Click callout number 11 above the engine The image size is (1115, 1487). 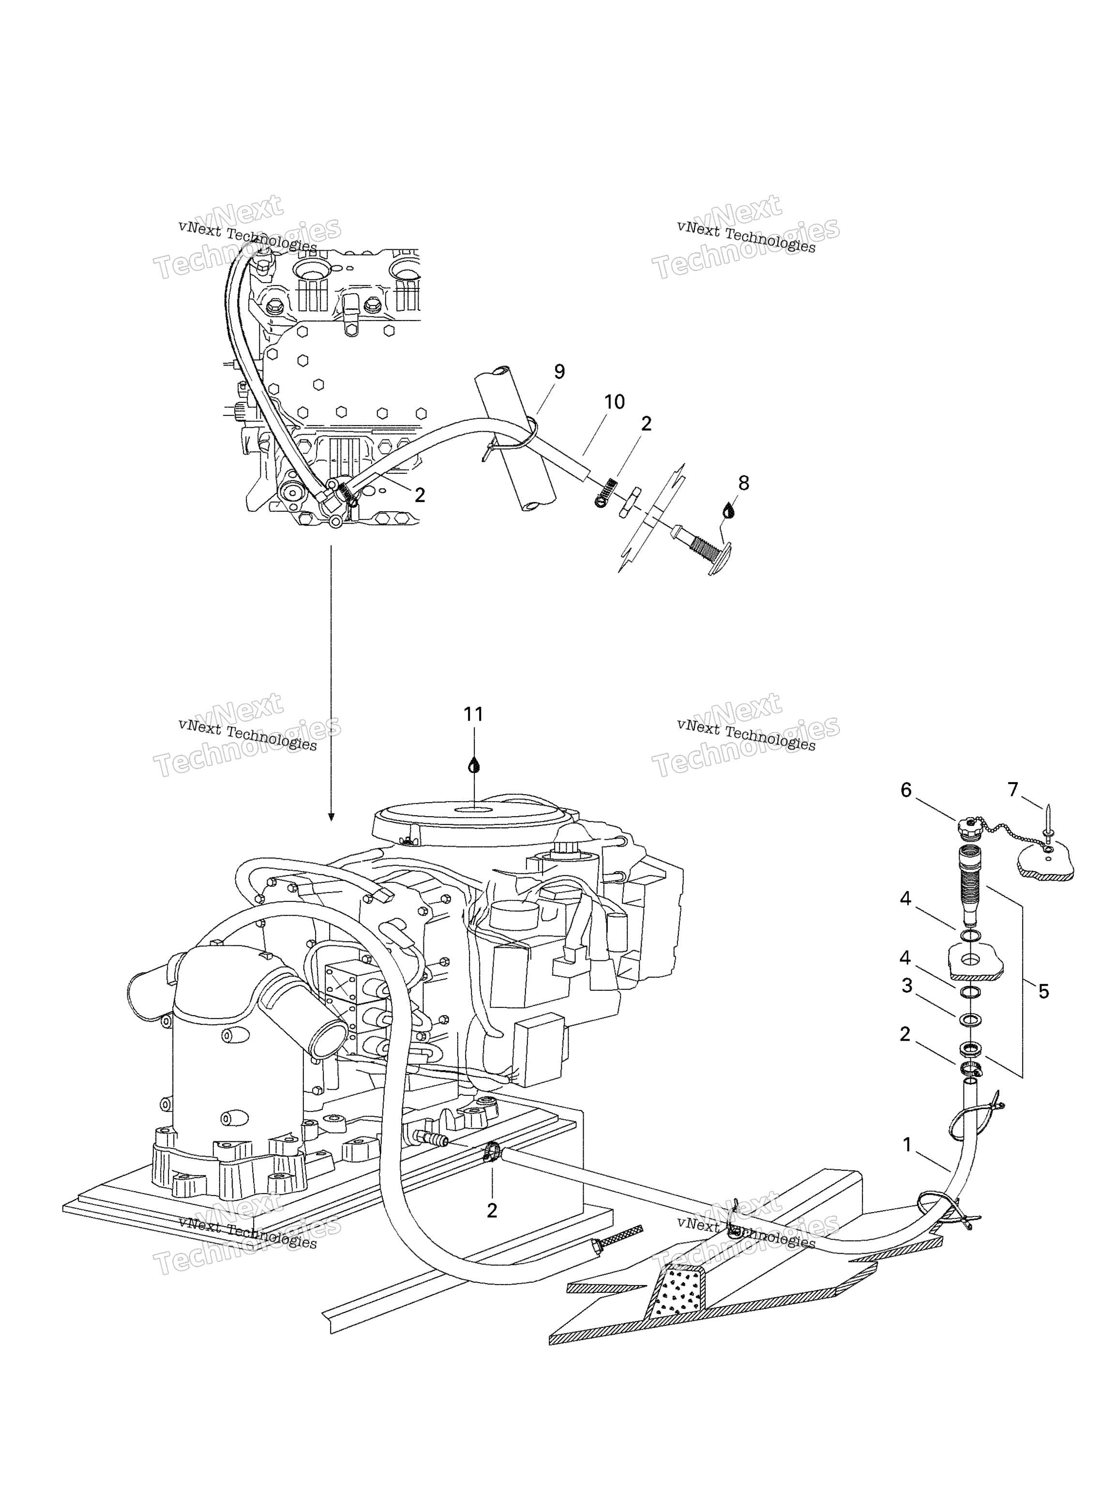(473, 714)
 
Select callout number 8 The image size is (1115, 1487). (743, 483)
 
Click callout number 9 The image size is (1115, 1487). (559, 372)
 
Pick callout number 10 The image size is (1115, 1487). (614, 402)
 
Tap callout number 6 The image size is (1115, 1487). (906, 790)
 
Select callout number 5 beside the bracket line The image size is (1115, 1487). (1043, 991)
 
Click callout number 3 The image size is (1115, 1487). (906, 986)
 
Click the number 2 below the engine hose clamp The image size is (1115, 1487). (492, 1211)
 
